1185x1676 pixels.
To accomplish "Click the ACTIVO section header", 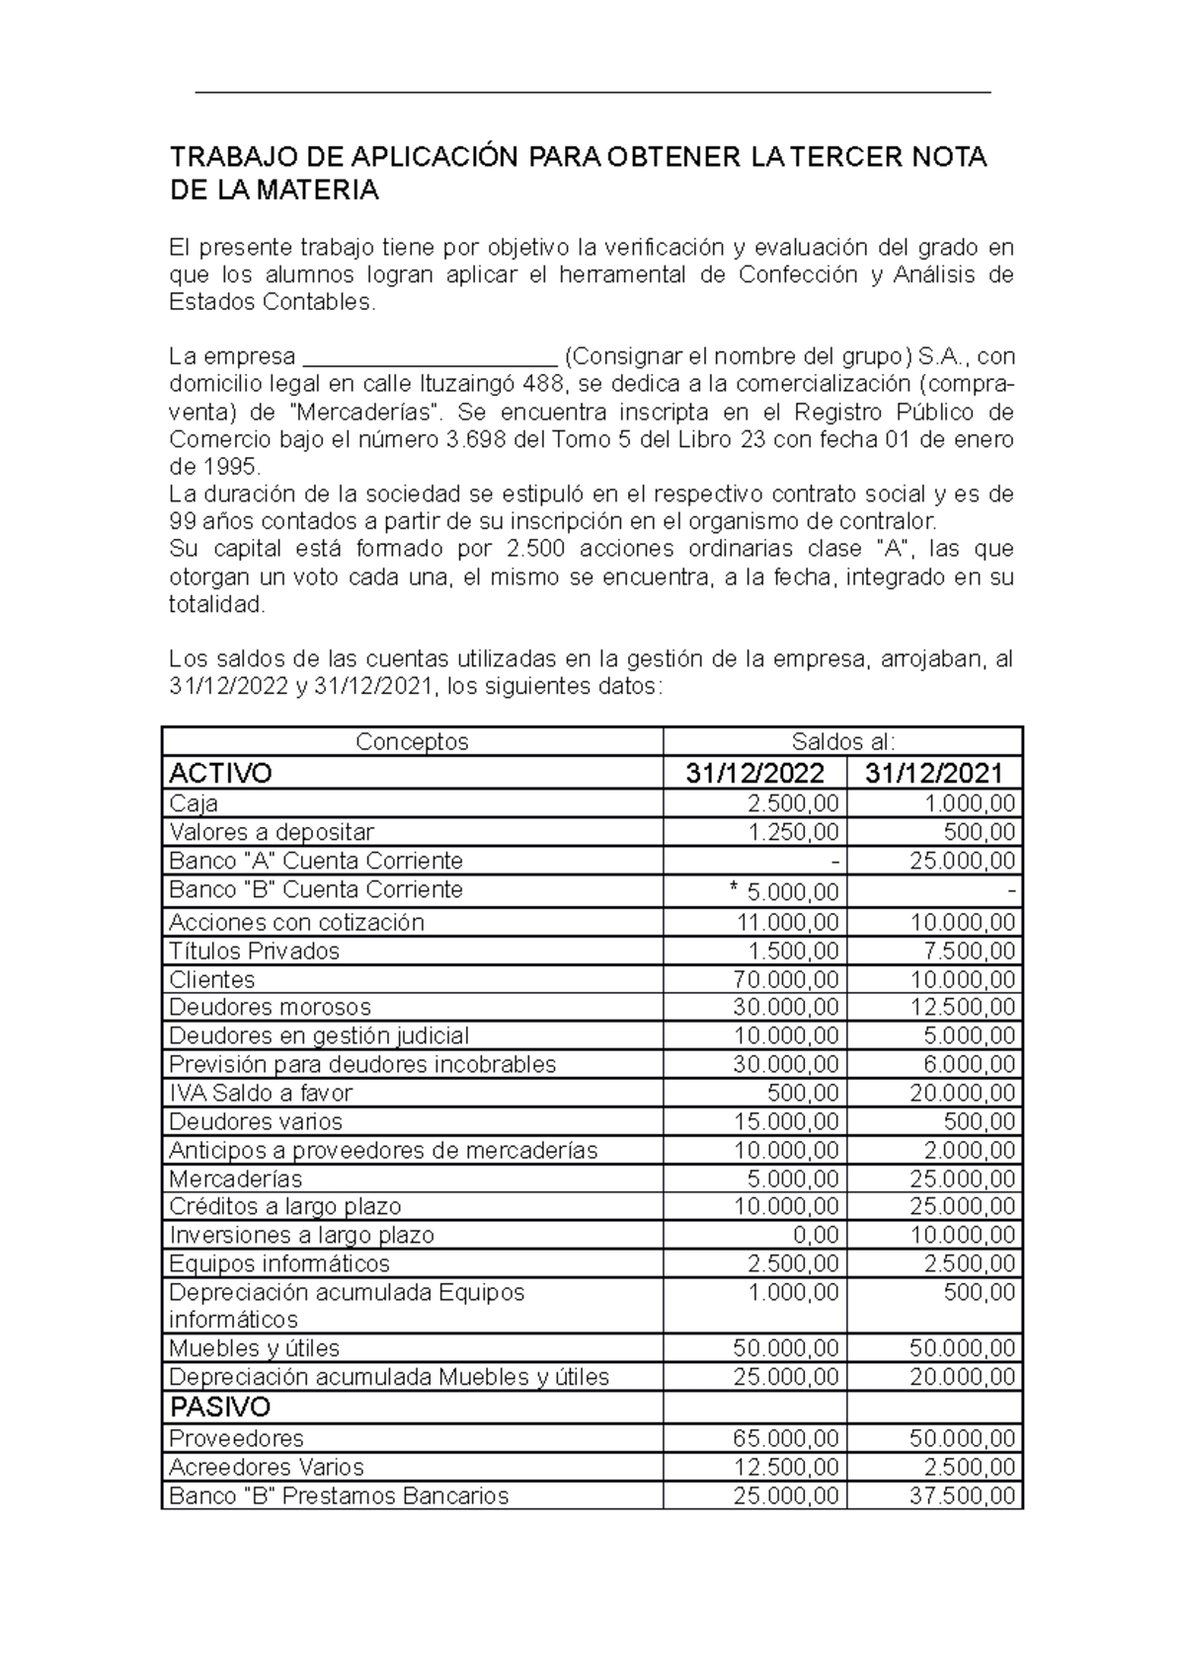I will pyautogui.click(x=220, y=772).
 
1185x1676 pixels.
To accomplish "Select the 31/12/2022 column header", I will pyautogui.click(x=754, y=772).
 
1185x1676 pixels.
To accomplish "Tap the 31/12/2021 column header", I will pyautogui.click(x=934, y=772).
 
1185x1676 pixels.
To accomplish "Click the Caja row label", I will pyautogui.click(x=194, y=802).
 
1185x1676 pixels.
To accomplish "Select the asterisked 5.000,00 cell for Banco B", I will pyautogui.click(x=784, y=892).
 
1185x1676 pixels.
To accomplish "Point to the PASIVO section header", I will pyautogui.click(x=220, y=1406).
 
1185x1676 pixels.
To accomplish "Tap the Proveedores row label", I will pyautogui.click(x=236, y=1438).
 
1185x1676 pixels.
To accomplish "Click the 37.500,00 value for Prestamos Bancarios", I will pyautogui.click(x=962, y=1495).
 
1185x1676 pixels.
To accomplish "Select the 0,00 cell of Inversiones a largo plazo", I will pyautogui.click(x=815, y=1235).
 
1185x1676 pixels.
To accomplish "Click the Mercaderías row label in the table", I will pyautogui.click(x=235, y=1179).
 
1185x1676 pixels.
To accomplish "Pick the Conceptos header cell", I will pyautogui.click(x=412, y=741).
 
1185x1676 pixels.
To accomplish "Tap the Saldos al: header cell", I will pyautogui.click(x=842, y=741).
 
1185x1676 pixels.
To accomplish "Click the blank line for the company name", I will pyautogui.click(x=431, y=357).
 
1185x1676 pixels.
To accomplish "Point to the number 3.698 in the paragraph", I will pyautogui.click(x=478, y=439).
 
